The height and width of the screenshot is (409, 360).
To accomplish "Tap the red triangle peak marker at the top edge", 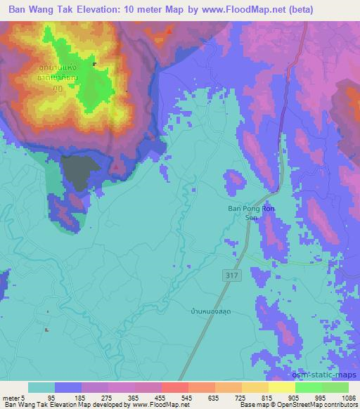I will [x=170, y=32].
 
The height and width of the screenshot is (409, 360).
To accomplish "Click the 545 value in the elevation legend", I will [x=187, y=398].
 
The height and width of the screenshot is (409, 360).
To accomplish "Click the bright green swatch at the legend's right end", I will [x=335, y=387].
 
